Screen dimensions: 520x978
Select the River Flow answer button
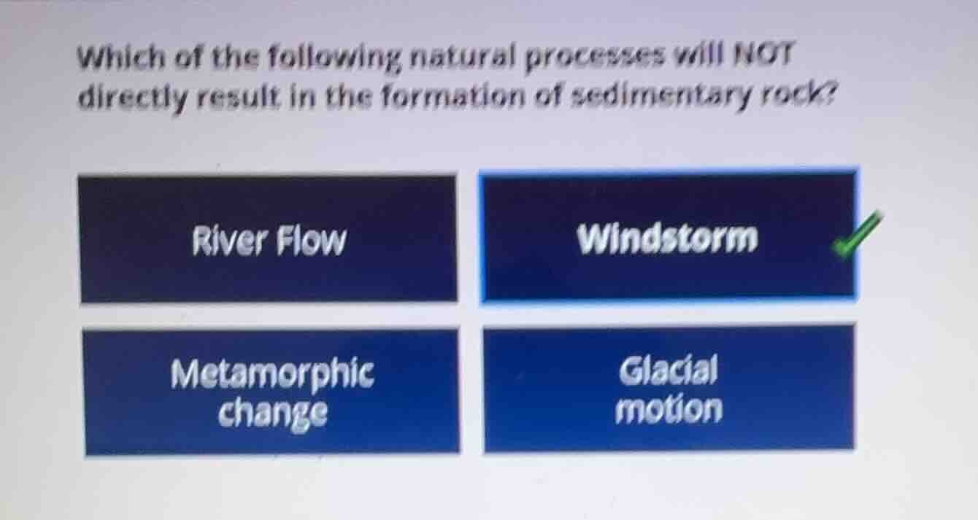tap(269, 239)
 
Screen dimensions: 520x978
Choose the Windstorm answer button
tap(667, 237)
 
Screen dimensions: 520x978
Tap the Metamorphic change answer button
tap(272, 392)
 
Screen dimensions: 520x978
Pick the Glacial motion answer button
tap(669, 389)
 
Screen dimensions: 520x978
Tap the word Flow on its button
tap(310, 240)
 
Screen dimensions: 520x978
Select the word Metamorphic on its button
tap(272, 374)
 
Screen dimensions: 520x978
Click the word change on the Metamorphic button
tap(273, 414)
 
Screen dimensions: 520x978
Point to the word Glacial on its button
tap(669, 370)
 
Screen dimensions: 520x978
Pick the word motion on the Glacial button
tap(669, 410)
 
